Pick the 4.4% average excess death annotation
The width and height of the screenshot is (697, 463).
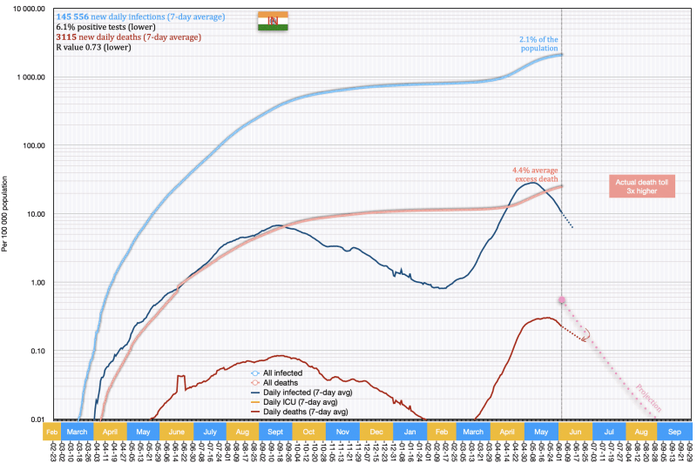535,174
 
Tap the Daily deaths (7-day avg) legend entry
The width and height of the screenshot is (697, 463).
307,412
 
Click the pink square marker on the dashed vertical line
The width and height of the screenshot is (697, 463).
562,300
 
